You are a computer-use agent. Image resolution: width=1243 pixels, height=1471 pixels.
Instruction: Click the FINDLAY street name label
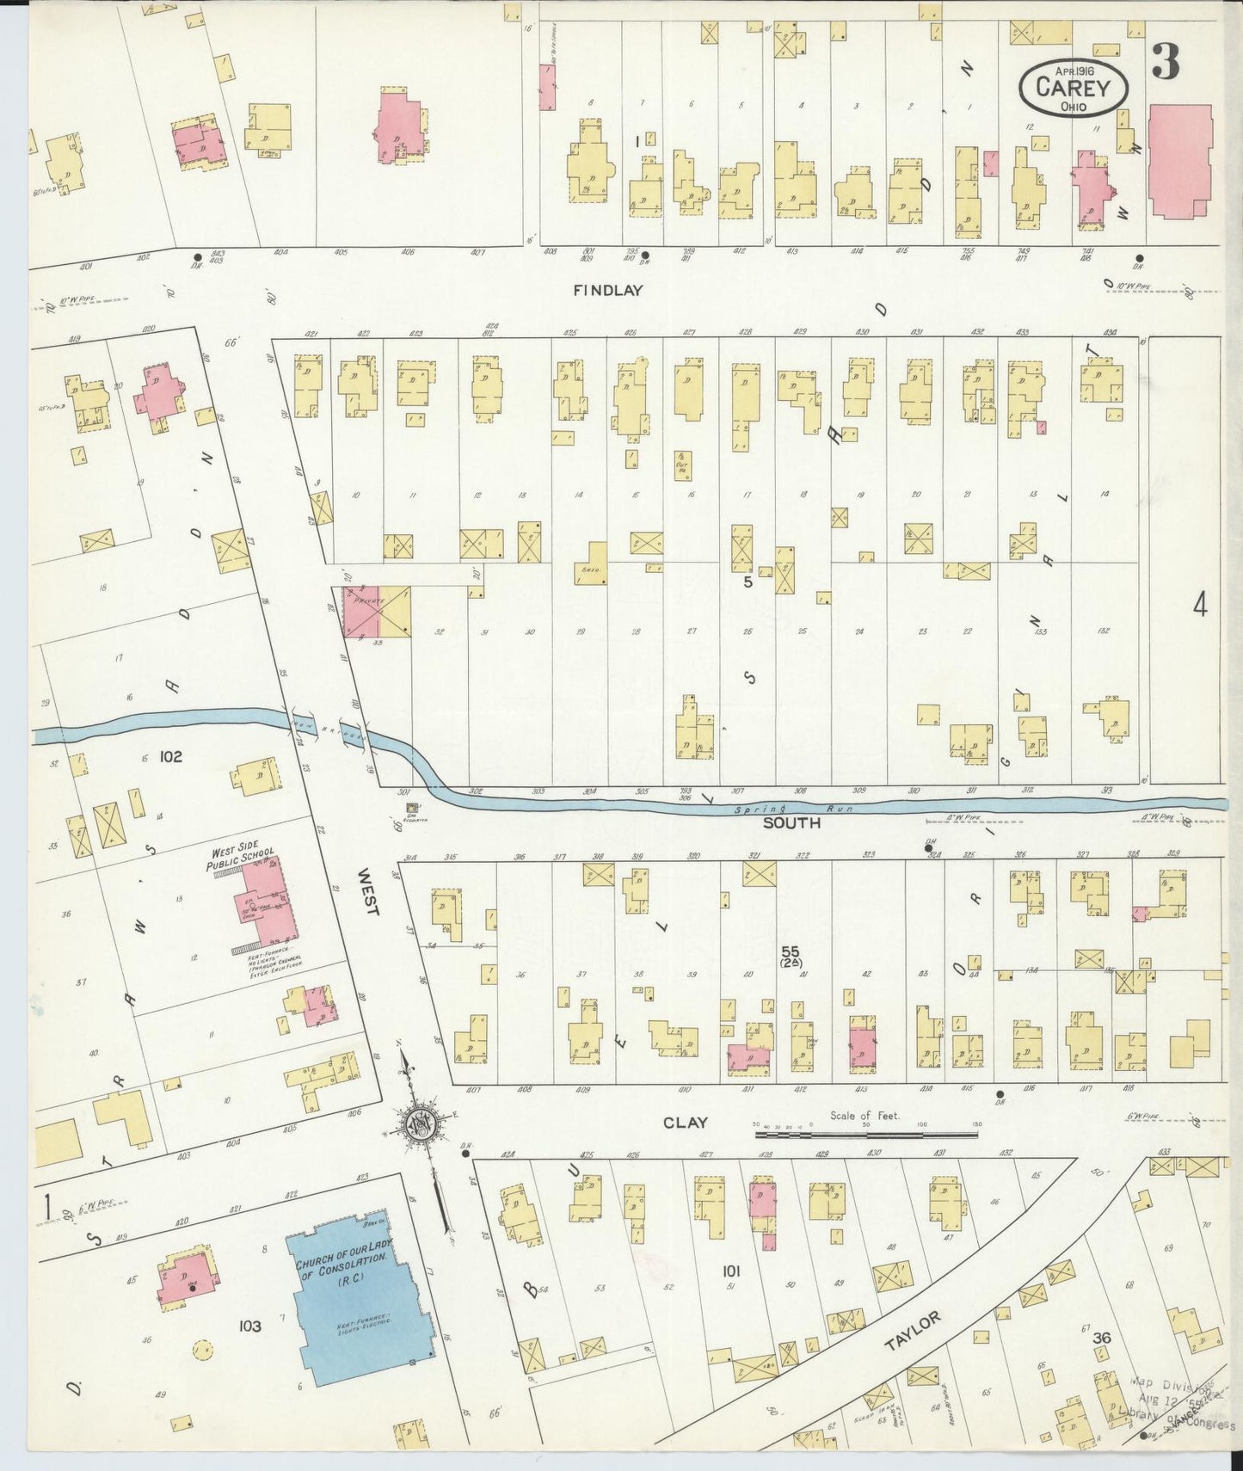tap(608, 291)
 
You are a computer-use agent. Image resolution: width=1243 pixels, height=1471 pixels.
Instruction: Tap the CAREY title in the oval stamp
tap(1073, 88)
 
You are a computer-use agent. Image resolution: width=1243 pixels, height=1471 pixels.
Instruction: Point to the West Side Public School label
tap(240, 859)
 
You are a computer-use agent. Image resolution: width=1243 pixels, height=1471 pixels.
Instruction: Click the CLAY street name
tap(686, 1122)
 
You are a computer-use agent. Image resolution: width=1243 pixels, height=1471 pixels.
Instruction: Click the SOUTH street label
tap(791, 823)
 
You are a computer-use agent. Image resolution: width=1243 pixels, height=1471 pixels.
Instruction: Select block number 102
tap(170, 756)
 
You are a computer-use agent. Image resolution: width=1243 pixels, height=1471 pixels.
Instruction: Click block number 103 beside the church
tap(249, 1326)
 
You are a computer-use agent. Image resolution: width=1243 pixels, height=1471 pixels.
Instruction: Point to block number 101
tap(731, 1271)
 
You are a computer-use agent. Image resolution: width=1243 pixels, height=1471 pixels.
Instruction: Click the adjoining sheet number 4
tap(1199, 605)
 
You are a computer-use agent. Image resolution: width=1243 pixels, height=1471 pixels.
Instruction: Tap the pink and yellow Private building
tap(377, 612)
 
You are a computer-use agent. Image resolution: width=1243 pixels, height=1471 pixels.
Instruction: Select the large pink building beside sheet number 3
tap(1178, 161)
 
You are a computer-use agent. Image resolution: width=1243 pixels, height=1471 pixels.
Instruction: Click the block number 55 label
tap(790, 951)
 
